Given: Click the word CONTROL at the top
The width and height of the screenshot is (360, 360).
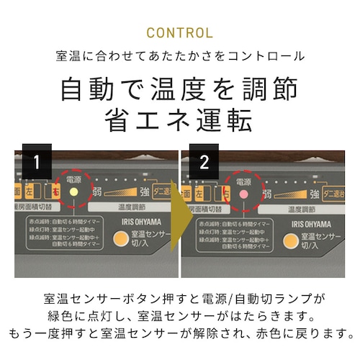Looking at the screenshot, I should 179,33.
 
